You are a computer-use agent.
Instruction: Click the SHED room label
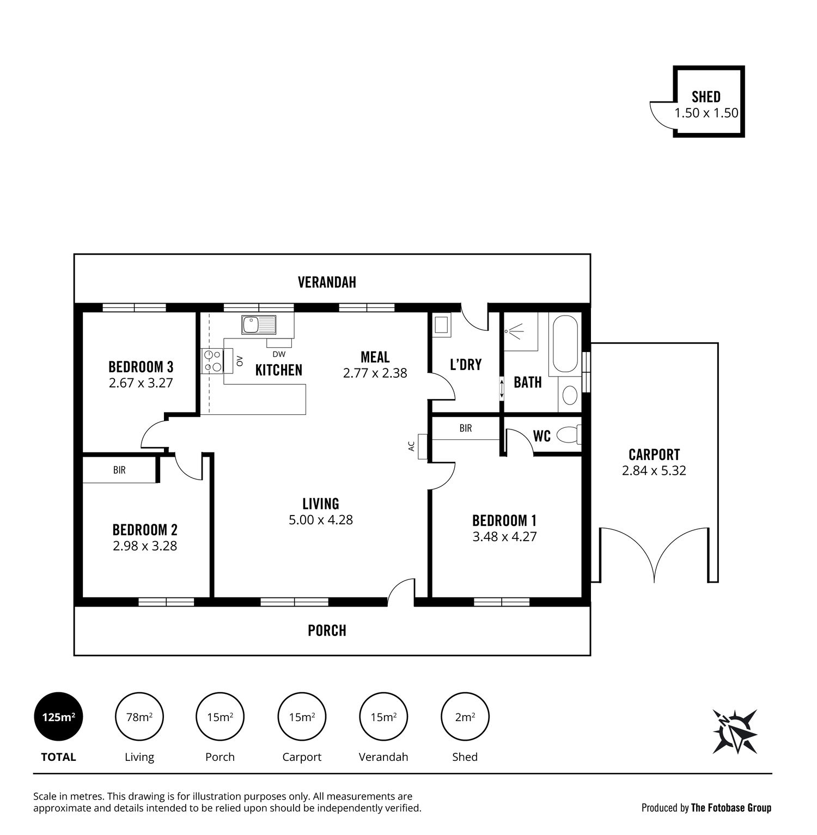706,96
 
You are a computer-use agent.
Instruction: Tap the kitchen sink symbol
259,325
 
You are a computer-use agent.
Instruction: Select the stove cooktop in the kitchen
212,361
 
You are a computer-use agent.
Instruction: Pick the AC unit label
411,446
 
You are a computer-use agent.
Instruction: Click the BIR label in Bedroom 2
119,469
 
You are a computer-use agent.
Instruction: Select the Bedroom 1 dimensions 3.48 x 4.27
504,536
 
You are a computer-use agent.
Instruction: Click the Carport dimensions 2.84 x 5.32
654,470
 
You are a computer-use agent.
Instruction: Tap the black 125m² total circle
58,717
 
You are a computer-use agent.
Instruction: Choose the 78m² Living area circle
139,717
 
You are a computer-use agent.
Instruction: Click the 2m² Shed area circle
465,717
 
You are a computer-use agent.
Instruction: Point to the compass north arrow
734,731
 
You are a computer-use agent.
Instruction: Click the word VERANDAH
327,282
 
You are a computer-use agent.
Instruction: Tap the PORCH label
327,631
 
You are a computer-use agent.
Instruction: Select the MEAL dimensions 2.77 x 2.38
375,373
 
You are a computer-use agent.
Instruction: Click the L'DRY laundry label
466,364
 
